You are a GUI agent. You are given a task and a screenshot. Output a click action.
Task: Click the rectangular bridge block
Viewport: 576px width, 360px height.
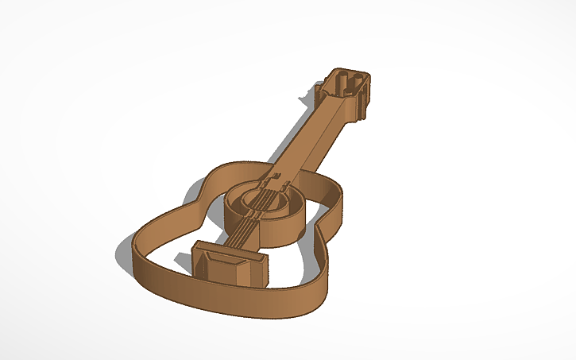point(231,264)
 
